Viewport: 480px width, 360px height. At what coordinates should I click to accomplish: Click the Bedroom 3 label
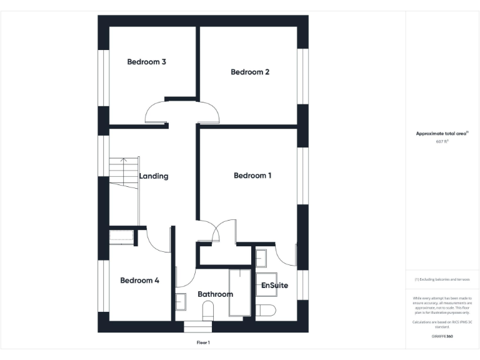(146, 62)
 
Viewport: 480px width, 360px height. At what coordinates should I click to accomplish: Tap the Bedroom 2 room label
(250, 72)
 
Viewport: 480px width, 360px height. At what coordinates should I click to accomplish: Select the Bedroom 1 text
(252, 176)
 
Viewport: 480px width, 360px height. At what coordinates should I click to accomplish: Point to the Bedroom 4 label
(139, 281)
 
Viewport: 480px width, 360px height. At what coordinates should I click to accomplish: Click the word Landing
(154, 176)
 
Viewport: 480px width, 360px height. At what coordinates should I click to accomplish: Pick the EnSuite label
(274, 286)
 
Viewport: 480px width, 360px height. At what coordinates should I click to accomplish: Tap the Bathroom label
(215, 294)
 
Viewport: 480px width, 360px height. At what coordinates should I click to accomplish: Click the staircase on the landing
(123, 172)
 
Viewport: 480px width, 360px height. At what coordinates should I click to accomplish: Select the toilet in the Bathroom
(208, 309)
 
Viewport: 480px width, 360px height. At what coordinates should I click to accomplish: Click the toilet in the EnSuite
(266, 310)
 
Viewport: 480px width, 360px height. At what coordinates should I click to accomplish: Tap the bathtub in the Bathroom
(239, 292)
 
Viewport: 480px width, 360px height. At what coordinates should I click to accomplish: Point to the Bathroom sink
(181, 301)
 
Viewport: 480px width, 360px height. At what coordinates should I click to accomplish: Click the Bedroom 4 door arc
(159, 241)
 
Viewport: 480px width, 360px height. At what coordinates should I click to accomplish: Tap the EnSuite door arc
(286, 255)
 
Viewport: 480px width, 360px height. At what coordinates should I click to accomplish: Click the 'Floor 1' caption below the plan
(203, 342)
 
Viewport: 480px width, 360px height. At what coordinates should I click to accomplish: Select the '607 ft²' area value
(442, 142)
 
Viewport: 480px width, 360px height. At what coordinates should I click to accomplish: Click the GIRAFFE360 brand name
(442, 336)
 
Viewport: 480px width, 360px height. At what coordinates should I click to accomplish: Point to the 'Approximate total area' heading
(442, 134)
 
